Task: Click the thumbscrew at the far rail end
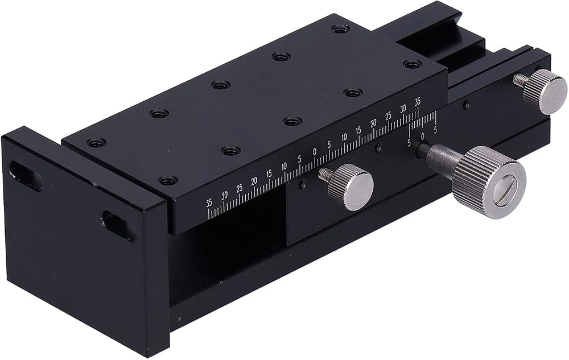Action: click(545, 92)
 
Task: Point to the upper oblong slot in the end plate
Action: click(25, 176)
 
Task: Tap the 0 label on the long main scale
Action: click(314, 151)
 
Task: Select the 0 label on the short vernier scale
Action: click(422, 136)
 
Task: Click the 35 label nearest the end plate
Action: click(209, 203)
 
